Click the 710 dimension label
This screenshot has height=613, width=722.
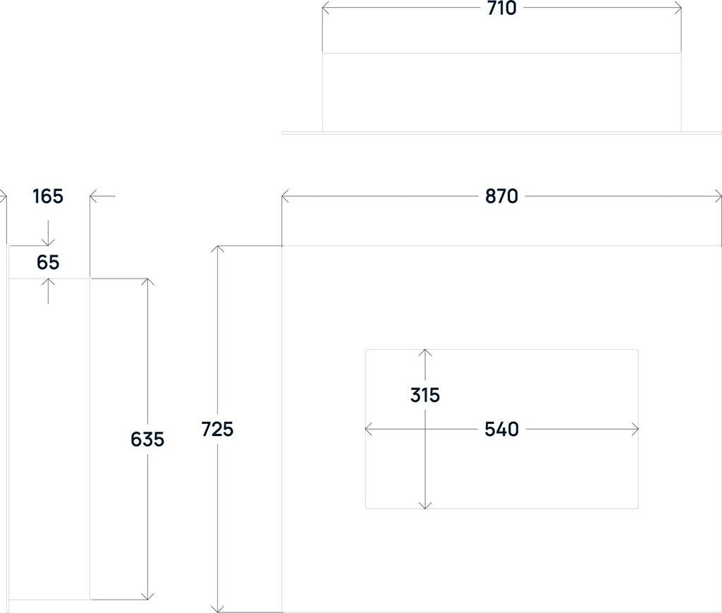[x=501, y=8]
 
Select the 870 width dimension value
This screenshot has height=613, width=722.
[x=501, y=197]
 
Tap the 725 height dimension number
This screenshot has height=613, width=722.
[x=217, y=429]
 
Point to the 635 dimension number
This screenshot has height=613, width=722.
[x=147, y=439]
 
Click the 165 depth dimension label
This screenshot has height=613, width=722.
[x=48, y=196]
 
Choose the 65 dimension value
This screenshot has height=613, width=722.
[x=48, y=263]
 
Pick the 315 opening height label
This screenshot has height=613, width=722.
[x=425, y=395]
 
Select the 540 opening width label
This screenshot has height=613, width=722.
[x=501, y=429]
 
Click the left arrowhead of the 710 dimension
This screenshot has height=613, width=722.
[x=325, y=8]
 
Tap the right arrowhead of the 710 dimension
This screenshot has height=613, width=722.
[x=678, y=8]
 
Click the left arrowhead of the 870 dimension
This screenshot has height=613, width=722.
[x=285, y=197]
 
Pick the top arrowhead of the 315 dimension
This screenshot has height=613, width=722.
[x=425, y=353]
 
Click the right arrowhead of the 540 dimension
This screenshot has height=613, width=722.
[x=635, y=429]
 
